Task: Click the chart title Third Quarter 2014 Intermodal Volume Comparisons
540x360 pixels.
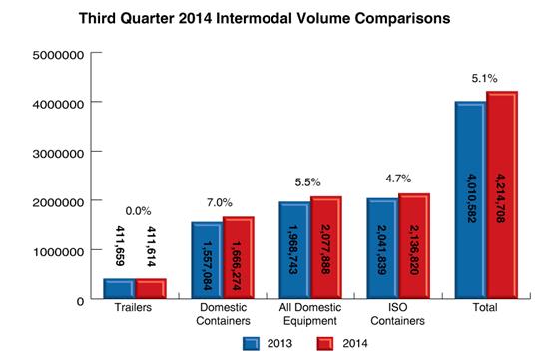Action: [x=270, y=17]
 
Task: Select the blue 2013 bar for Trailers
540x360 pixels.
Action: [x=119, y=288]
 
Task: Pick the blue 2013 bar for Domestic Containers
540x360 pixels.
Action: [x=207, y=260]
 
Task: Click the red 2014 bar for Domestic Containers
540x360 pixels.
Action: [x=237, y=257]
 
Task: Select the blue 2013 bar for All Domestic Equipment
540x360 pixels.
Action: [x=294, y=249]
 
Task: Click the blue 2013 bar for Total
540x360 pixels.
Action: [x=470, y=199]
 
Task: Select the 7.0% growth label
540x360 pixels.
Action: [x=222, y=200]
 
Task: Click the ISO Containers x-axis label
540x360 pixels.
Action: [x=397, y=316]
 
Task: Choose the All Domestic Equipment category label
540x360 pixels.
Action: [x=309, y=316]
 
